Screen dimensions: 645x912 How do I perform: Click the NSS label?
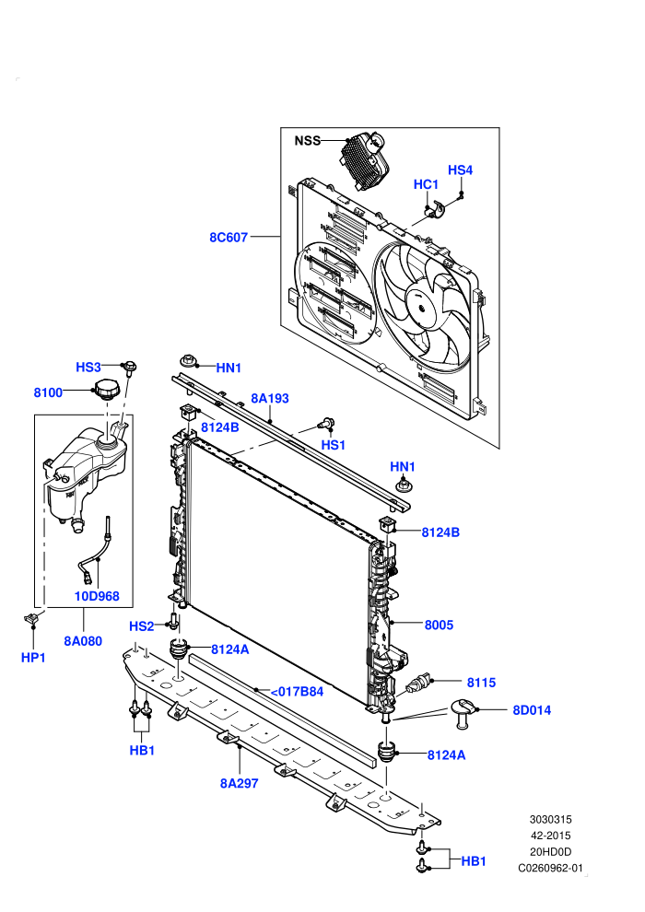click(307, 141)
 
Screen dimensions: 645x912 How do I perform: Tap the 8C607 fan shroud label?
click(229, 238)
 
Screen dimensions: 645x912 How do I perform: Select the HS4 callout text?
click(460, 170)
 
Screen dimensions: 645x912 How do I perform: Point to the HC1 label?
click(426, 184)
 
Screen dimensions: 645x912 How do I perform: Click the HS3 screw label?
click(88, 367)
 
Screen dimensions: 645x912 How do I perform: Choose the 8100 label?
click(48, 392)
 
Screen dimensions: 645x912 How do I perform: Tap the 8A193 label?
click(270, 398)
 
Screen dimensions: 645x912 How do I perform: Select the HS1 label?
click(334, 445)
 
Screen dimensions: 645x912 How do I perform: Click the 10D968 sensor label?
click(97, 596)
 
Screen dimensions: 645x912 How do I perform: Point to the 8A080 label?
click(83, 641)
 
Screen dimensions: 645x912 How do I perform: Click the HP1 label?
click(33, 658)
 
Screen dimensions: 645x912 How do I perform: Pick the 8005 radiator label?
click(439, 626)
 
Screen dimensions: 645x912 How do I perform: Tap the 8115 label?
click(482, 683)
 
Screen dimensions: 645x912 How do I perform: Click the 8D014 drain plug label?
click(532, 710)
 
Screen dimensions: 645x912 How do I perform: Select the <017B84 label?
click(297, 692)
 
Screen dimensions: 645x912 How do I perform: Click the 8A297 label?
click(239, 783)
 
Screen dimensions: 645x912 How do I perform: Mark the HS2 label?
click(141, 626)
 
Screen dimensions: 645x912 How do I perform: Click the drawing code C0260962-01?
click(550, 869)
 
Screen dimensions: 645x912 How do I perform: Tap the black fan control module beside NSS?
click(362, 158)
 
